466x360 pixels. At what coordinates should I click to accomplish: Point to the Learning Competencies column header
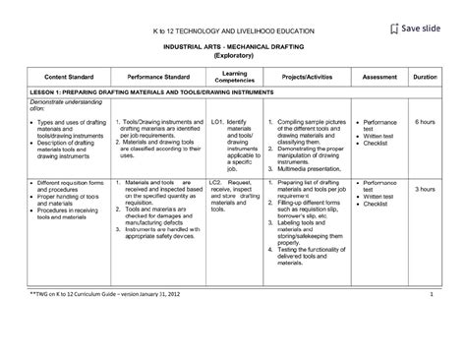(234, 75)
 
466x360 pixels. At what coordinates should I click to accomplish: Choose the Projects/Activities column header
(306, 75)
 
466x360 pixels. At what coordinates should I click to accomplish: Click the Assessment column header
(379, 75)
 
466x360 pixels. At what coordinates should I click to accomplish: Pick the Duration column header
(425, 75)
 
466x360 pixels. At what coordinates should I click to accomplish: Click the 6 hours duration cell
(425, 121)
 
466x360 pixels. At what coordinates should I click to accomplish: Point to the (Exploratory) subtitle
(233, 56)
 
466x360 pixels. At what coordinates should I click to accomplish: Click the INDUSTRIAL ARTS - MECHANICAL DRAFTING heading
(233, 47)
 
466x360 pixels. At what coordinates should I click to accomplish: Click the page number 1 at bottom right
(432, 322)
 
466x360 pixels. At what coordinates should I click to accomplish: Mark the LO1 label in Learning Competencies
(218, 121)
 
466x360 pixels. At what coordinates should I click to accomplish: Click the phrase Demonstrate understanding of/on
(59, 105)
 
